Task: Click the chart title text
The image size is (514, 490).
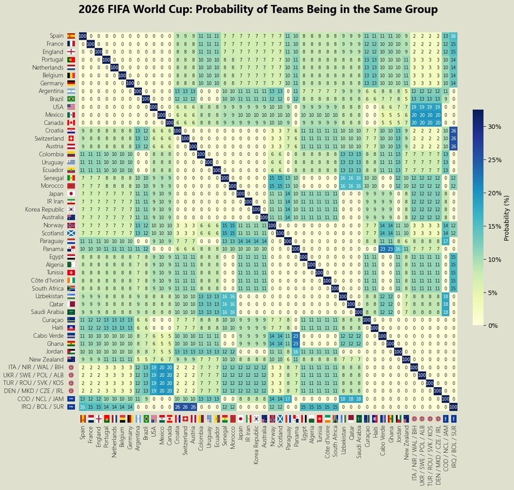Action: coord(258,10)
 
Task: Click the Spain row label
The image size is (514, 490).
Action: coord(55,35)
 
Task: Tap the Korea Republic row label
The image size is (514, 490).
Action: coord(44,209)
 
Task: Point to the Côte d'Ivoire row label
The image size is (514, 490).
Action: coord(46,281)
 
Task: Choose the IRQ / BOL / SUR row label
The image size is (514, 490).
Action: coord(44,406)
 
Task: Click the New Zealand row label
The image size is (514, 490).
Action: coord(47,359)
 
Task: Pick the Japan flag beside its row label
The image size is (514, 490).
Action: coord(71,193)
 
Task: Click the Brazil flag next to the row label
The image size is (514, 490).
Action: coord(71,99)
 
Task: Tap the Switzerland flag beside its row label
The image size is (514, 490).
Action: coord(71,138)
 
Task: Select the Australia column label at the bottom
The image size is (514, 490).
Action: coord(263,438)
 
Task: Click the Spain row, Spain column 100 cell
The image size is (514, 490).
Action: coord(82,35)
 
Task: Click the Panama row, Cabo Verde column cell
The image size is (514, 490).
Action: coord(382,248)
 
